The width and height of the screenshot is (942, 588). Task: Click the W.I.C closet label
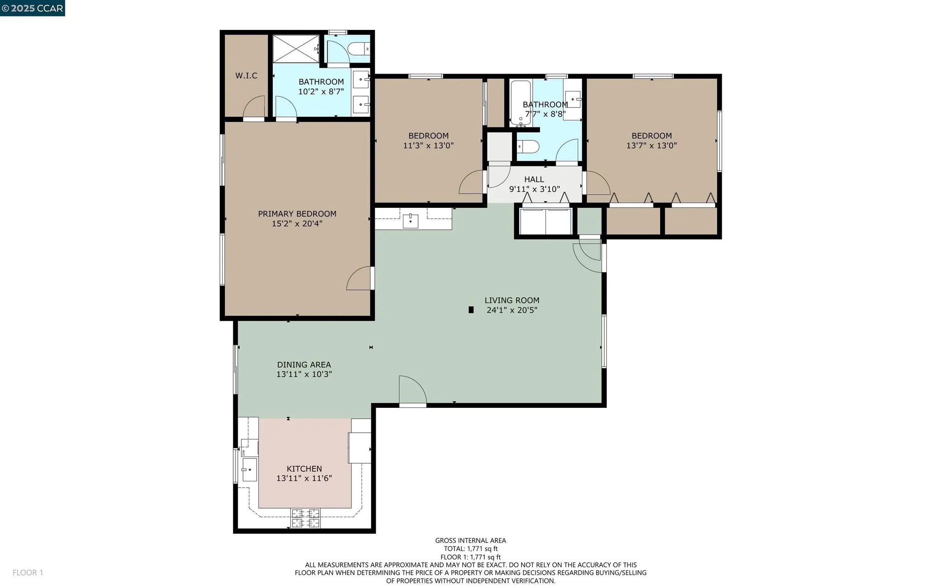pos(246,75)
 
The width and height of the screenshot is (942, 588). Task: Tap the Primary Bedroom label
pos(297,214)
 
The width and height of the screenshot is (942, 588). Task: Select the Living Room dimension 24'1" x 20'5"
pos(512,310)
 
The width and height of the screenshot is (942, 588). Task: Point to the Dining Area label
pos(304,365)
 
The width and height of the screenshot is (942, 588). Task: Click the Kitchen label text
pos(304,468)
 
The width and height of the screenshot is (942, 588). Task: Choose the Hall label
pos(534,179)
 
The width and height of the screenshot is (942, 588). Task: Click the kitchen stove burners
pos(305,518)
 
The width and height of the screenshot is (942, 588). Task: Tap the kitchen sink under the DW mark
pos(249,469)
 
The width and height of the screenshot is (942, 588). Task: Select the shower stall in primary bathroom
pos(296,48)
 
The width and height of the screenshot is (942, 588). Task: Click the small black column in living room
pos(471,310)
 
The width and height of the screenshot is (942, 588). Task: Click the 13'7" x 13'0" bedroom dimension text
pos(651,146)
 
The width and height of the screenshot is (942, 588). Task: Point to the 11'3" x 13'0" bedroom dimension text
pos(428,146)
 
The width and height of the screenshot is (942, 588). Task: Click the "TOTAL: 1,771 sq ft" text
pos(471,548)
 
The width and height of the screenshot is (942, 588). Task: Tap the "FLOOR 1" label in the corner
pos(28,572)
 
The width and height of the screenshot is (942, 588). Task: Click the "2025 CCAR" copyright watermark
pos(32,8)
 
